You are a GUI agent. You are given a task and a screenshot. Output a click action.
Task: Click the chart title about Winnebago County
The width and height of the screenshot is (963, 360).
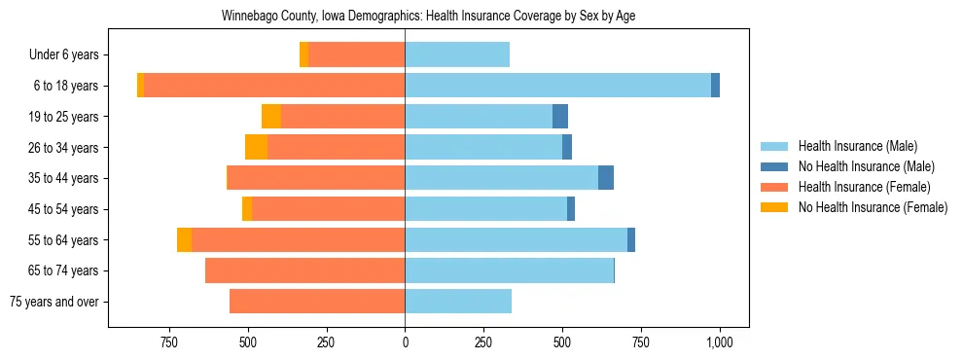tap(428, 17)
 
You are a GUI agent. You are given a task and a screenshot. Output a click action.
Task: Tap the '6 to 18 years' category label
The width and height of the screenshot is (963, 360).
tap(65, 86)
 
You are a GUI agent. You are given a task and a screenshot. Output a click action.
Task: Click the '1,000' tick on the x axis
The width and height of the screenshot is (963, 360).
tap(720, 343)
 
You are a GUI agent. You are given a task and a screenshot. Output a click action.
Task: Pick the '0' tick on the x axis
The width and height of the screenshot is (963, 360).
tap(405, 343)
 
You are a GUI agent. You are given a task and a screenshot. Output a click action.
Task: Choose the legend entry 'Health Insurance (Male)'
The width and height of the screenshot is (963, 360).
tap(857, 146)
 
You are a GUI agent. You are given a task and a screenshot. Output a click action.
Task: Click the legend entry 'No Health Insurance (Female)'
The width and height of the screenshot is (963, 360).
tap(873, 207)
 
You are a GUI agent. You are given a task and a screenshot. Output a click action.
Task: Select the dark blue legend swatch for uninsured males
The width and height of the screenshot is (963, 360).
tap(774, 166)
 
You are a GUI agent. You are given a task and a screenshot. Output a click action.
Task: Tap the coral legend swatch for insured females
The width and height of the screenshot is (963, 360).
tap(774, 187)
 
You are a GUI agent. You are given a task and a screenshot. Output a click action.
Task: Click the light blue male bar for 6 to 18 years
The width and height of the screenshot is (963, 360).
tap(557, 86)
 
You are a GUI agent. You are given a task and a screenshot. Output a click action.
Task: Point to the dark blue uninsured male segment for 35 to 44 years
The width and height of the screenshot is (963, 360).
tap(606, 178)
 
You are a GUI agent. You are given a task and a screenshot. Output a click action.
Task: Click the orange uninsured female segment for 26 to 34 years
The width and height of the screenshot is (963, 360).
tap(256, 147)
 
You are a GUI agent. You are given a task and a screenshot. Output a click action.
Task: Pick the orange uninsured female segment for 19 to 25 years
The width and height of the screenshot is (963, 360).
tap(271, 117)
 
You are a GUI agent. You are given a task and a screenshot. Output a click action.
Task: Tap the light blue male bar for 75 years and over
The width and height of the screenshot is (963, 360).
tap(458, 302)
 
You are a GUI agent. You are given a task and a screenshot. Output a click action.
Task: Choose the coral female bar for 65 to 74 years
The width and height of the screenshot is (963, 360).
tap(304, 270)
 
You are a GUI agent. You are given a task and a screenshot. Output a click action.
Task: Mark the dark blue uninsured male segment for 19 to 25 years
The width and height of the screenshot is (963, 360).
tap(560, 117)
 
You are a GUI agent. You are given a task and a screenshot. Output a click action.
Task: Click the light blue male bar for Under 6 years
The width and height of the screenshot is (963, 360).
tap(457, 55)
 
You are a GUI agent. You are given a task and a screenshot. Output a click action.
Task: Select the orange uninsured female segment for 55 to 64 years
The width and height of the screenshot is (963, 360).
tap(184, 239)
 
